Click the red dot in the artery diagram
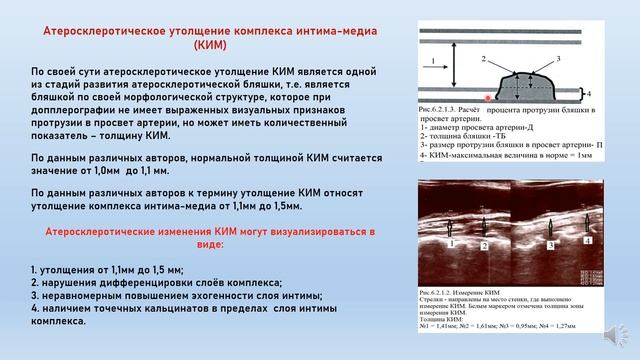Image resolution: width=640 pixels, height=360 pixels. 487,97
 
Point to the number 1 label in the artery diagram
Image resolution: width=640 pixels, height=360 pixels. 432,63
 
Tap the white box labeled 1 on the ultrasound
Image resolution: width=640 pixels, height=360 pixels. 450,240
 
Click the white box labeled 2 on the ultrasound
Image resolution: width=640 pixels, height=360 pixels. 484,243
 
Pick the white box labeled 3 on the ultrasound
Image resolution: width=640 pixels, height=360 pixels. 551,240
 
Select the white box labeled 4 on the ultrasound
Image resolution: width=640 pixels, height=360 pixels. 588,240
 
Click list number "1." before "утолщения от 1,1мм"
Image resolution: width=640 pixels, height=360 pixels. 35,270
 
